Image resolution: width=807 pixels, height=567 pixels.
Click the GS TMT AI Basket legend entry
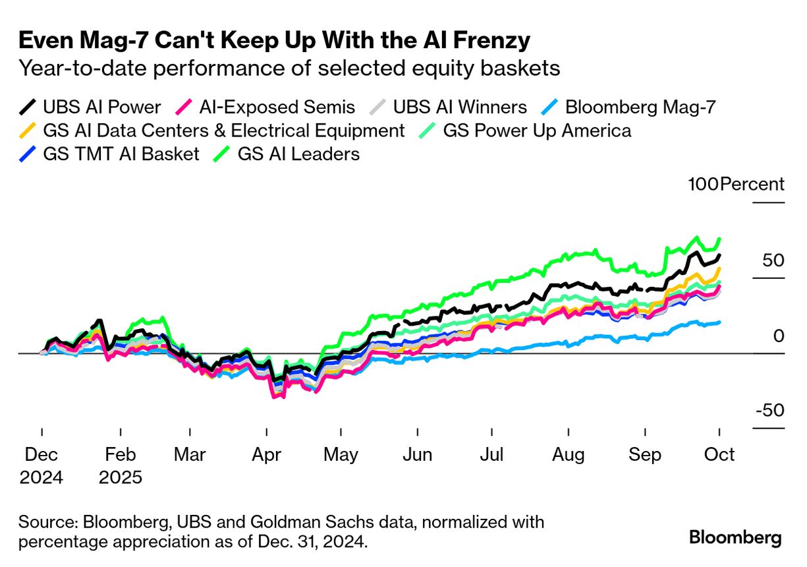click(109, 154)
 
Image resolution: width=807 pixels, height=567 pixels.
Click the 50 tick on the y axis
click(769, 260)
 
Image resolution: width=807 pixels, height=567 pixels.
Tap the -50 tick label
click(769, 410)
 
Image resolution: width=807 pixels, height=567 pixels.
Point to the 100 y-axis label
click(703, 185)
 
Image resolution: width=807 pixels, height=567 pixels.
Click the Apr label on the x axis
click(266, 455)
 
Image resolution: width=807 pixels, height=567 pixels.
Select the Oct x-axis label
click(720, 455)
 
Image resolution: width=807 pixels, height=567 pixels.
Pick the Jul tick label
click(492, 455)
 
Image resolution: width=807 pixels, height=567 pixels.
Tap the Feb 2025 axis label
click(121, 465)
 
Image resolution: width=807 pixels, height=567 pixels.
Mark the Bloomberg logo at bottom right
click(735, 538)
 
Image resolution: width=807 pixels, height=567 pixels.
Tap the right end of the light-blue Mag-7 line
click(719, 322)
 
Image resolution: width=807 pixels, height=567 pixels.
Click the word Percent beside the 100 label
click(752, 185)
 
